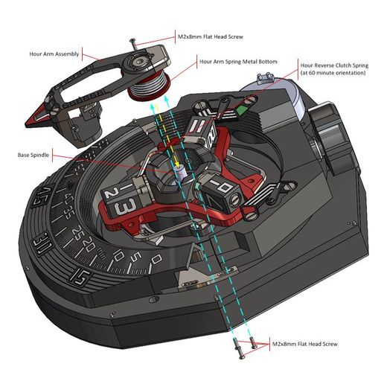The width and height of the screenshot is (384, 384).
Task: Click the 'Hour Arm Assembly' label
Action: [x=54, y=54]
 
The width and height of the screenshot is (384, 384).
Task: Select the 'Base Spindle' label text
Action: [x=33, y=155]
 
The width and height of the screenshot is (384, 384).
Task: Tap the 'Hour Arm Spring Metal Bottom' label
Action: [x=238, y=62]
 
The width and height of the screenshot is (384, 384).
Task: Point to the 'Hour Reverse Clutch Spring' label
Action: [x=334, y=65]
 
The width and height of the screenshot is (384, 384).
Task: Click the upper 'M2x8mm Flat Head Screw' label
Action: [x=211, y=36]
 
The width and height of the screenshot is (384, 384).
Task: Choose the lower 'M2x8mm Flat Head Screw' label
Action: [x=305, y=344]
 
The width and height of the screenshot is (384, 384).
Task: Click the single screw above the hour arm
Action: [x=133, y=44]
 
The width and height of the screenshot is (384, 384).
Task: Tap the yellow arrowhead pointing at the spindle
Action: [x=177, y=164]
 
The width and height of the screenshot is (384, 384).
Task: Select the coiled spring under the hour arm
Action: [x=149, y=87]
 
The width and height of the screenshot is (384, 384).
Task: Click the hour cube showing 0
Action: [x=222, y=196]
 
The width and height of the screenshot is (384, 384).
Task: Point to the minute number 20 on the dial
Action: [x=89, y=243]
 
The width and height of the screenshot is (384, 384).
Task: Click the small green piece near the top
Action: [x=242, y=110]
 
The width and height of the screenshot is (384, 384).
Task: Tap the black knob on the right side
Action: [x=333, y=139]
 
